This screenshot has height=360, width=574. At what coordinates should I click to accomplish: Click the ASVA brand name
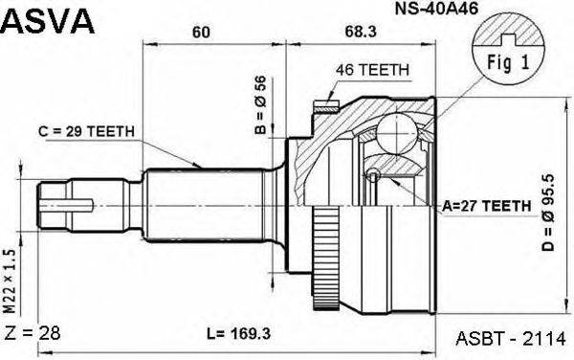48,20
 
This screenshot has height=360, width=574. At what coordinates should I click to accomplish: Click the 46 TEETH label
372,70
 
